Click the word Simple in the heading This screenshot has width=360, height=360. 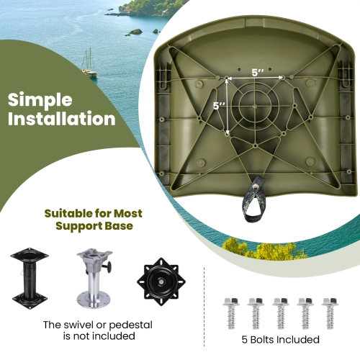click(40, 99)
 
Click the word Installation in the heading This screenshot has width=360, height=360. click(61, 119)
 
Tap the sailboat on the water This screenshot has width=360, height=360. click(89, 64)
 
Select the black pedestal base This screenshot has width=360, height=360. click(29, 277)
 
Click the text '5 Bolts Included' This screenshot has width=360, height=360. click(281, 340)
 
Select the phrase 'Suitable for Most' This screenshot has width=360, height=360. click(94, 214)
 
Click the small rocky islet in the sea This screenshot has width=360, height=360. click(135, 32)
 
